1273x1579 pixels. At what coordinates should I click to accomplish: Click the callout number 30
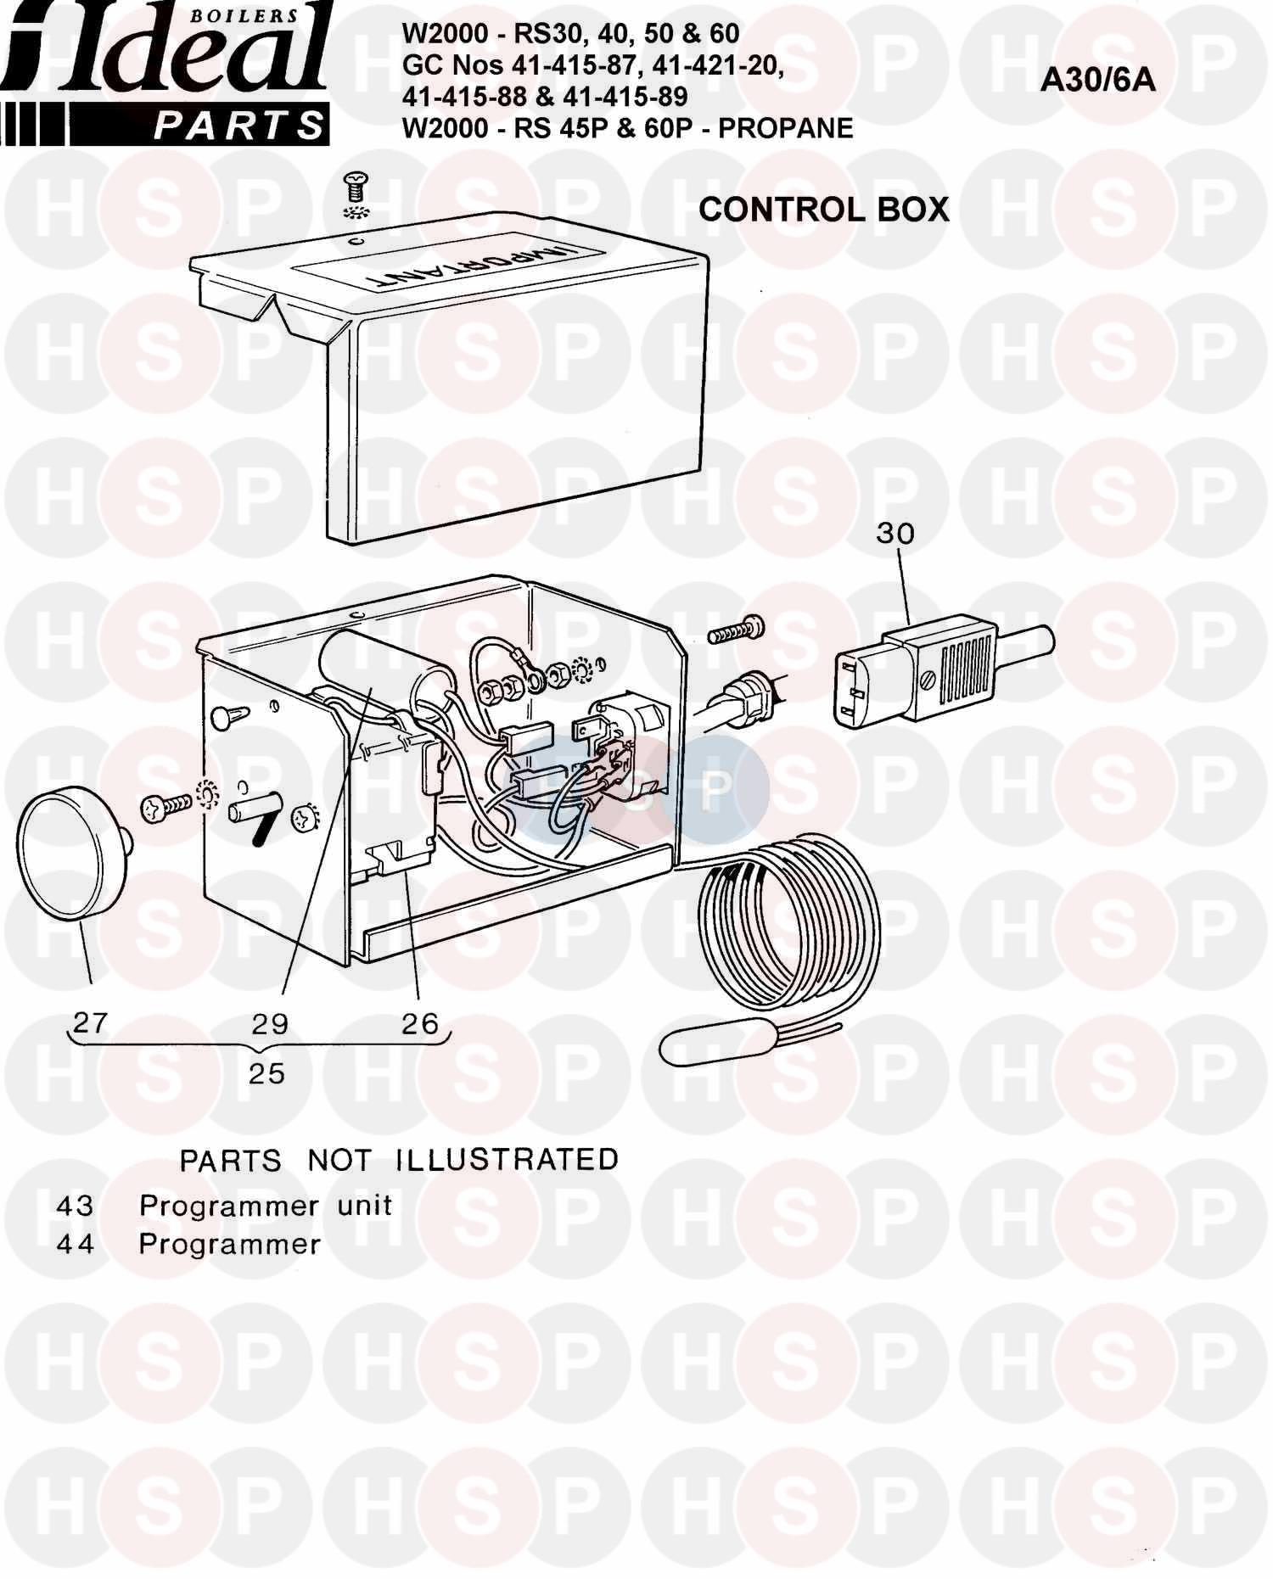(896, 533)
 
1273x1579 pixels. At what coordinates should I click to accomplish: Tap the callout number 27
(91, 1022)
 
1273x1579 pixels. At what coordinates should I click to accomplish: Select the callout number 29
(270, 1023)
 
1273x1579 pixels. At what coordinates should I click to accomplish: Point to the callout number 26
(420, 1023)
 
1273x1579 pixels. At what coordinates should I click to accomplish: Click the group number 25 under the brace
(266, 1073)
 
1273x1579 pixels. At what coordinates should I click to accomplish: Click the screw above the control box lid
(357, 183)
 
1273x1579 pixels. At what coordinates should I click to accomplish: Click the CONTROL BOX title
(823, 209)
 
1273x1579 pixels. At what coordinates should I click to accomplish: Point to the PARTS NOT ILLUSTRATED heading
(399, 1160)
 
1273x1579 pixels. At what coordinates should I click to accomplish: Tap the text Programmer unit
(266, 1207)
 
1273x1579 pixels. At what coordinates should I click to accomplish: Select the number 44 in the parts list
(75, 1244)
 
